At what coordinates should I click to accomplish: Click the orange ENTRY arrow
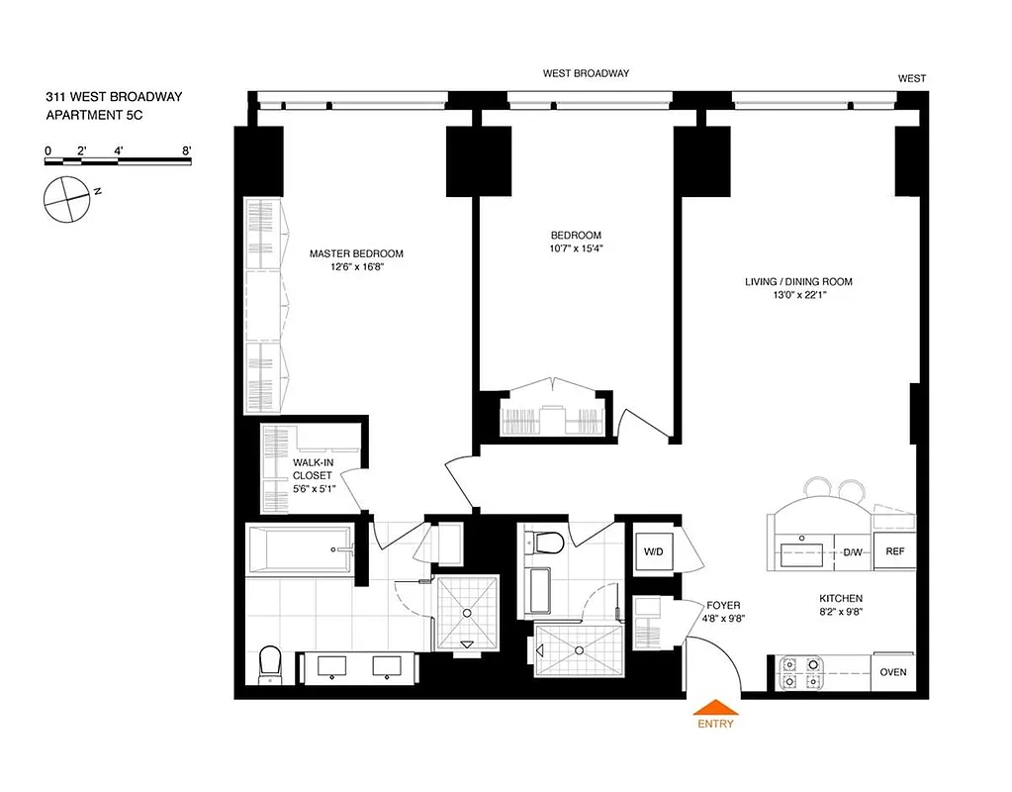pyautogui.click(x=715, y=707)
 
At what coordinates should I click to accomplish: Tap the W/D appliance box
pyautogui.click(x=653, y=550)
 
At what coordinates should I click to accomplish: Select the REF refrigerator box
pyautogui.click(x=894, y=551)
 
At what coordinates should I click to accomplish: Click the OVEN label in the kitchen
pyautogui.click(x=892, y=672)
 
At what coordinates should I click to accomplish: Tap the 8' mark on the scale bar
pyautogui.click(x=186, y=150)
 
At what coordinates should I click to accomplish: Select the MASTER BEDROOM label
pyautogui.click(x=356, y=253)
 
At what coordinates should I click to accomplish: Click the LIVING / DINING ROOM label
pyautogui.click(x=798, y=282)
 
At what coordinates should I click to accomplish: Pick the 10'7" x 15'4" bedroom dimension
pyautogui.click(x=577, y=249)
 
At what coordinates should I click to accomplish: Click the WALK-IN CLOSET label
pyautogui.click(x=313, y=468)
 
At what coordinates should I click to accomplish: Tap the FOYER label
pyautogui.click(x=723, y=605)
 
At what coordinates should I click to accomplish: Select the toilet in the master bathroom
pyautogui.click(x=270, y=665)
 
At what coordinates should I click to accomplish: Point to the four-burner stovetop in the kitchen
pyautogui.click(x=801, y=672)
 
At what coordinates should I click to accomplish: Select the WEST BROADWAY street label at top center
pyautogui.click(x=586, y=73)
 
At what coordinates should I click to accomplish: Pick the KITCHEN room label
pyautogui.click(x=841, y=599)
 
